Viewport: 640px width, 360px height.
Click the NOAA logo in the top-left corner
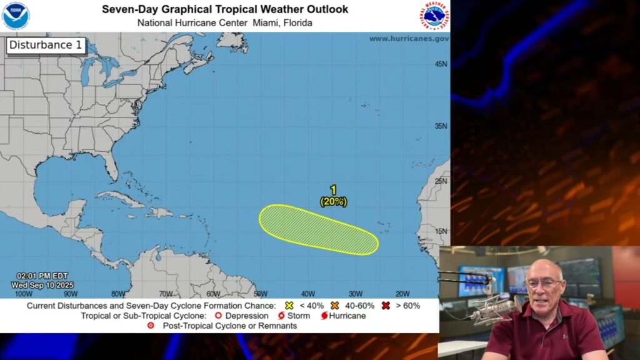point(16,16)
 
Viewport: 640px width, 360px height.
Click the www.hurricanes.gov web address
point(409,39)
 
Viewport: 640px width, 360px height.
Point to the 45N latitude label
point(441,64)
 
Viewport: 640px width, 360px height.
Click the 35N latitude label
point(441,126)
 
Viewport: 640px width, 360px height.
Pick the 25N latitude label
point(441,181)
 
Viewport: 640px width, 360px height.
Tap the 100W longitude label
point(23,294)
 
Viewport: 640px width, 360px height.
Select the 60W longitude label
point(213,294)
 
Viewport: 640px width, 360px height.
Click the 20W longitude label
point(402,294)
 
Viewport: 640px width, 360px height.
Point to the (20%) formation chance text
point(333,201)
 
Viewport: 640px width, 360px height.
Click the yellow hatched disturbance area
point(318,229)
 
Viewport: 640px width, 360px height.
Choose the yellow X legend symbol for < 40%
point(289,306)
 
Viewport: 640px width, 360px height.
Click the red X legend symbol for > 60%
point(386,306)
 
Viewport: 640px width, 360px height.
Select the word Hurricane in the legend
point(347,316)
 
